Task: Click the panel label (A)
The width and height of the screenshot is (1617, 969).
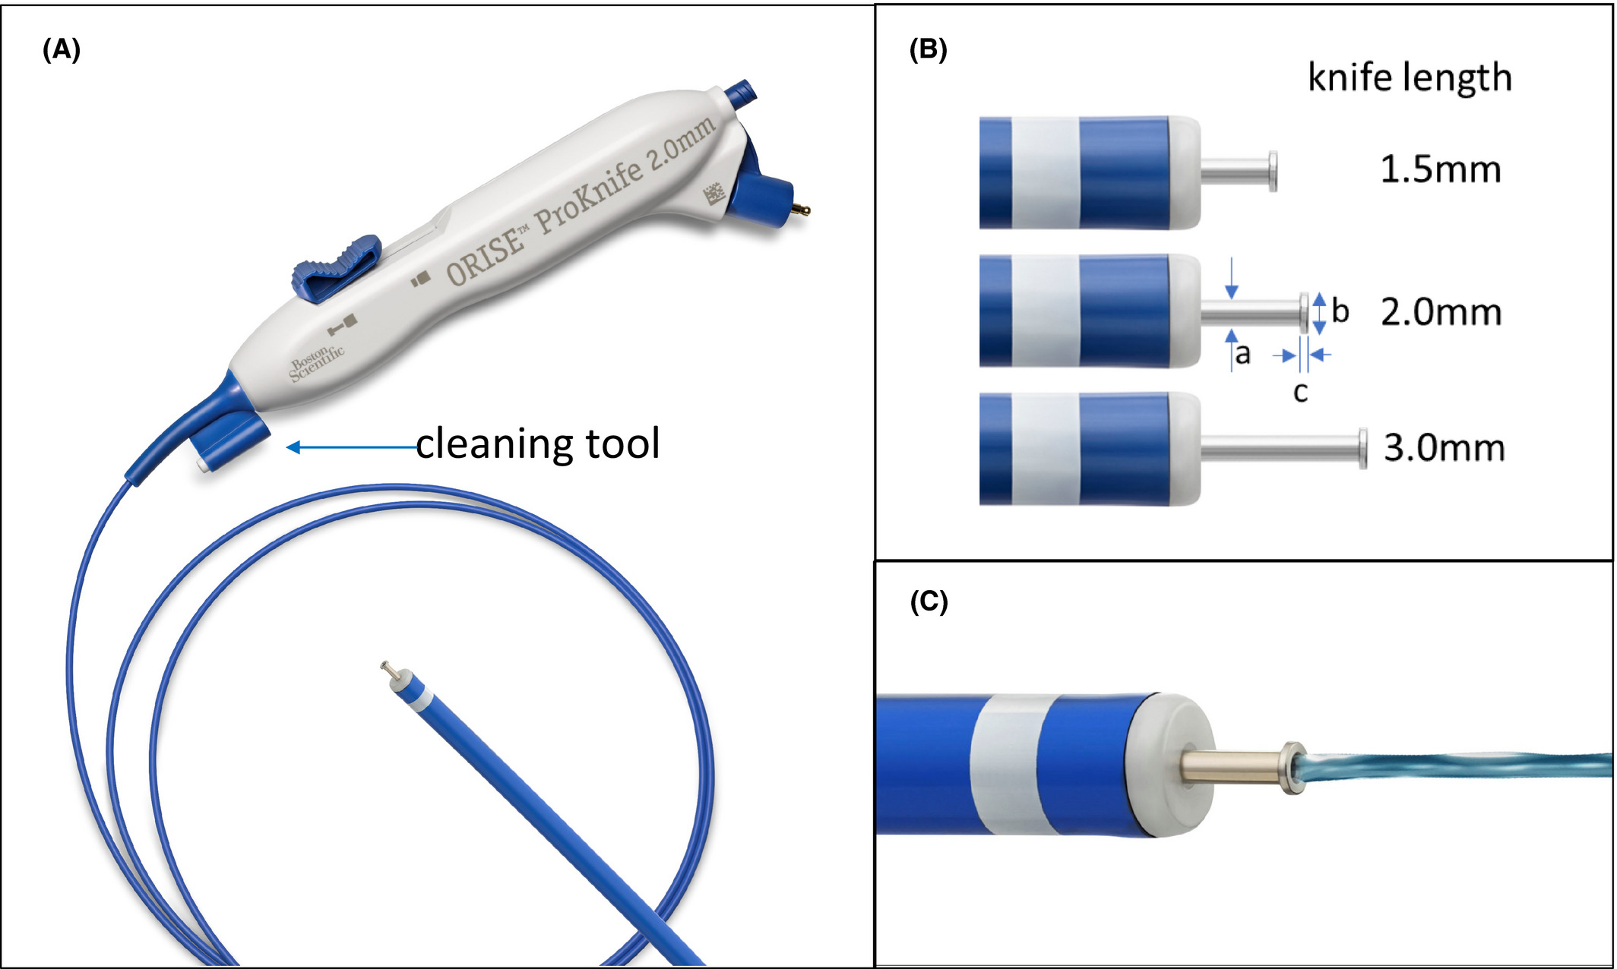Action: click(x=62, y=50)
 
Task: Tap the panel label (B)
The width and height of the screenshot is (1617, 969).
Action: click(x=928, y=50)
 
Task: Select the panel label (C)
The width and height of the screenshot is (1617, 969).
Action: click(x=929, y=601)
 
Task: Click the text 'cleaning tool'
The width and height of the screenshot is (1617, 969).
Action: click(x=537, y=444)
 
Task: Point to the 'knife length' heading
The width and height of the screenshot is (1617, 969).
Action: click(x=1410, y=77)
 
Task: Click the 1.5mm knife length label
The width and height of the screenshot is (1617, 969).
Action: click(x=1440, y=169)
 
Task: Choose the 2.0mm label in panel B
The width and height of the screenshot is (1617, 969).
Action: click(x=1441, y=312)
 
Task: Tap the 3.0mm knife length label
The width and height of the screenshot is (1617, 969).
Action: click(x=1444, y=448)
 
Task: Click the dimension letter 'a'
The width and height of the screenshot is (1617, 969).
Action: click(x=1243, y=354)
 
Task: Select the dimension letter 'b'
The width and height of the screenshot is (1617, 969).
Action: click(x=1340, y=311)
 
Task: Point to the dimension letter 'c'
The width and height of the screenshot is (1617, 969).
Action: click(x=1300, y=393)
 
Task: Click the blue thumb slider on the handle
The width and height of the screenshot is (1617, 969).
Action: click(x=337, y=266)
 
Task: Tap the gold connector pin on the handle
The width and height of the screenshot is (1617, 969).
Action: click(x=801, y=209)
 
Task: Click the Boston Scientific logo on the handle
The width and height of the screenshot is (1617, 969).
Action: click(x=316, y=362)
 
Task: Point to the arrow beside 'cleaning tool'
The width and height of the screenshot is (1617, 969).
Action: click(x=350, y=447)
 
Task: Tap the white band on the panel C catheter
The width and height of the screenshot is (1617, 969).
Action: click(x=1009, y=764)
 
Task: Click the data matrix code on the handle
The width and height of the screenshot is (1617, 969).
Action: click(x=714, y=194)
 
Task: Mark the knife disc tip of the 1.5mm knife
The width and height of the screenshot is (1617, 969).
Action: click(x=1273, y=172)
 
